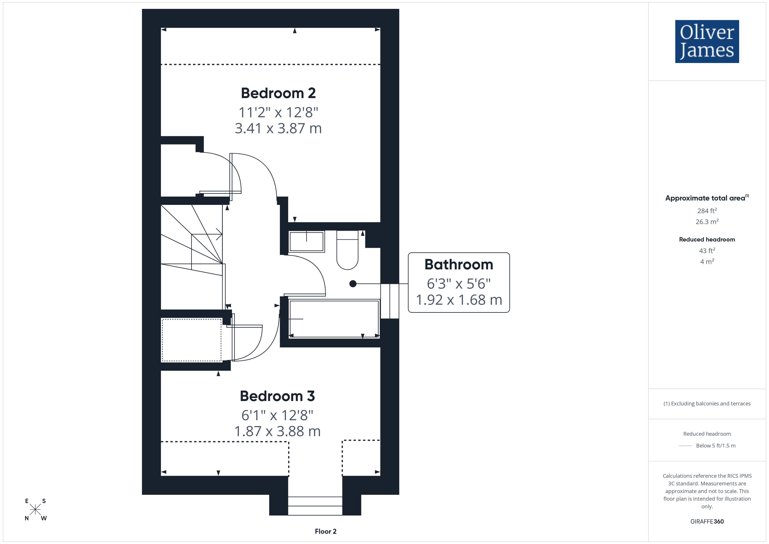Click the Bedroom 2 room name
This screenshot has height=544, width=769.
(x=278, y=93)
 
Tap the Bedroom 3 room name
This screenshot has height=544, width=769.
(x=277, y=396)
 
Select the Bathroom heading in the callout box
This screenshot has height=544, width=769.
(x=459, y=264)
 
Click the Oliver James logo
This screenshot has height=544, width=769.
(x=707, y=42)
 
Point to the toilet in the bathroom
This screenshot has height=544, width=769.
(x=347, y=250)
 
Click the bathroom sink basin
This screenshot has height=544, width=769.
(x=306, y=241)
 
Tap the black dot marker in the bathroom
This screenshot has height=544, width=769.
(x=353, y=284)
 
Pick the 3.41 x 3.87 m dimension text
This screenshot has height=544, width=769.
(x=278, y=128)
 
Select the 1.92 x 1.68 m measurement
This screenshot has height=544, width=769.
(x=459, y=300)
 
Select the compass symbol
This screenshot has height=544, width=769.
(x=35, y=510)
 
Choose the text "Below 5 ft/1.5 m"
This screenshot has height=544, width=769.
(x=716, y=445)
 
